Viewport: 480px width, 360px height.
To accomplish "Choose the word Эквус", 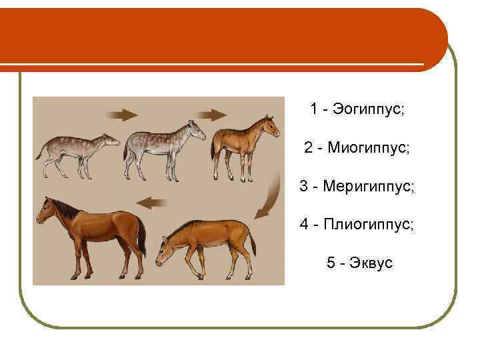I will point(369,263).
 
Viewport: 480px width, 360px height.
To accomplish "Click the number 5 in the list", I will point(331,263).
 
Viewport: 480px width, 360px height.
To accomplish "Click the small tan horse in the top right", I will point(243,143).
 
